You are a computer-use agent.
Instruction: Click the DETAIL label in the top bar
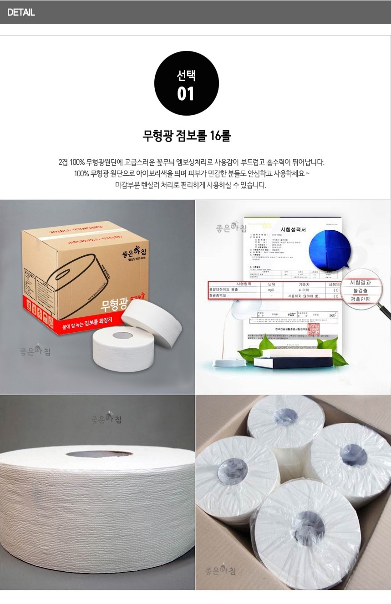(21, 12)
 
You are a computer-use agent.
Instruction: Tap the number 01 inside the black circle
(186, 94)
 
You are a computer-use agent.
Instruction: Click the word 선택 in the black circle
(186, 76)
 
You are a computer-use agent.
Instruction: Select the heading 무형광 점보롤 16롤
(187, 136)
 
